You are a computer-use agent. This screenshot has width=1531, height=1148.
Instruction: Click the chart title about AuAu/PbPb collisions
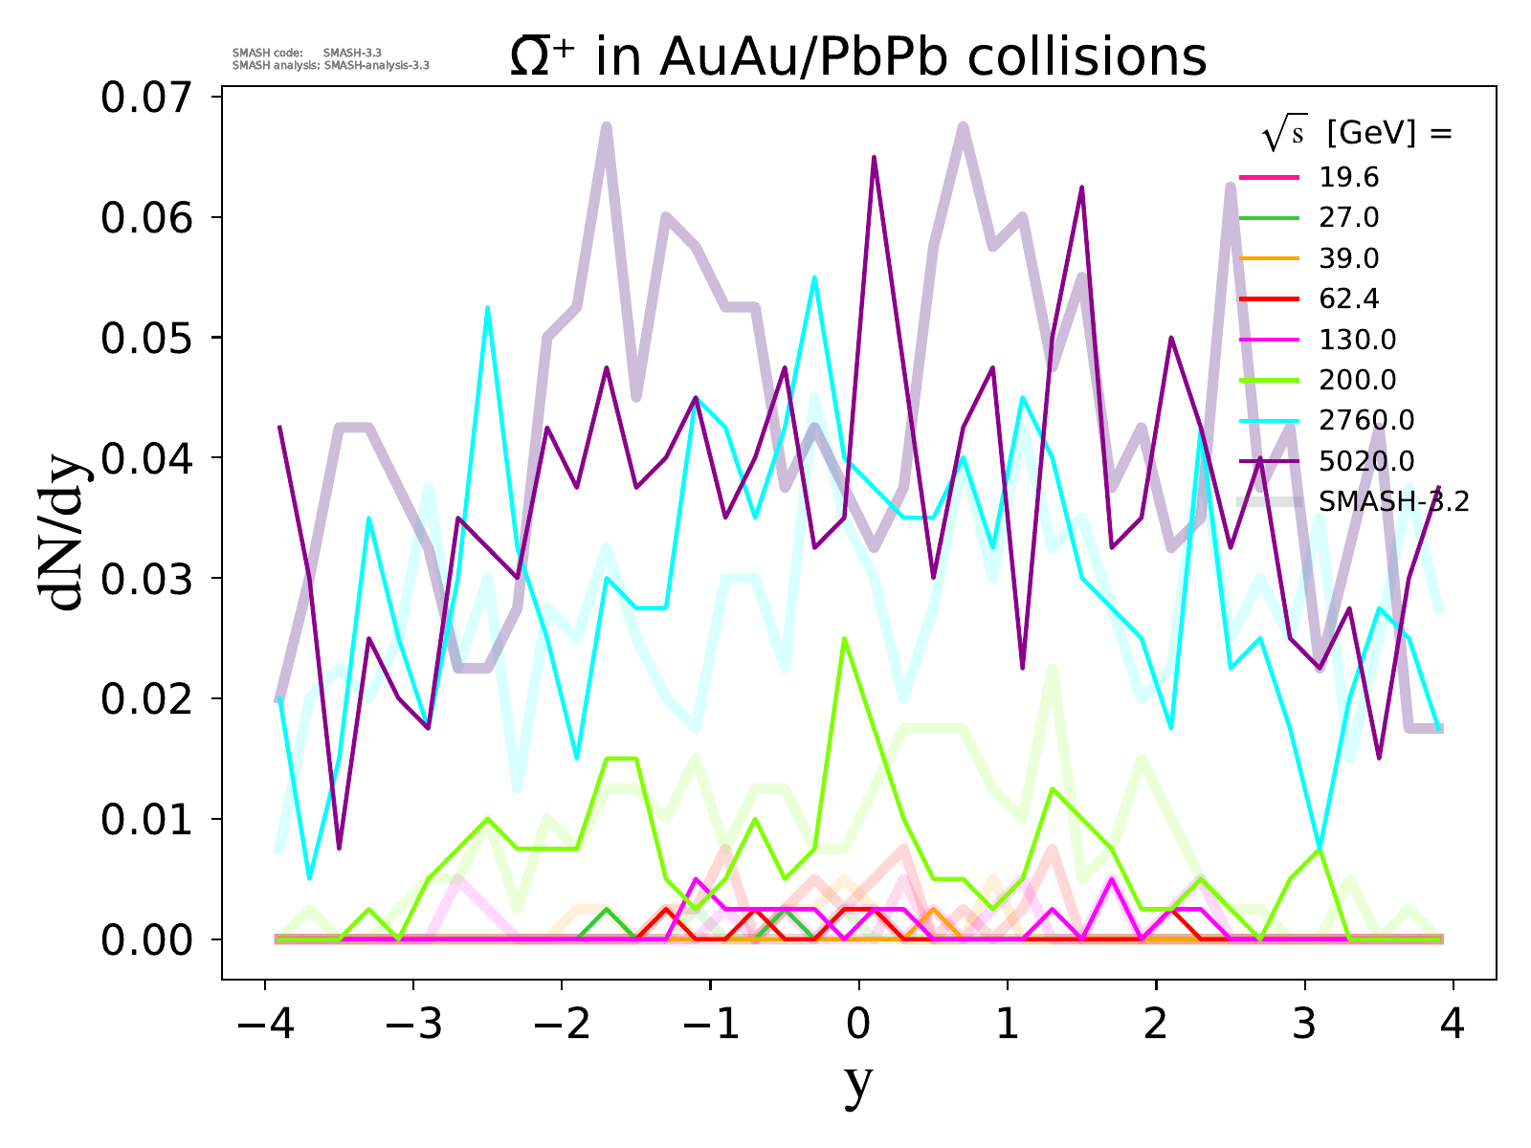point(857,57)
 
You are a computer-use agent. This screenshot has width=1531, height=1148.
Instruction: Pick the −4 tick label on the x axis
point(264,1026)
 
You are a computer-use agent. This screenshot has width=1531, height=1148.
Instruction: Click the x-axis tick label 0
point(858,1026)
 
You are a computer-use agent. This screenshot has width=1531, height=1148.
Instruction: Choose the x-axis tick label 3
point(1304,1026)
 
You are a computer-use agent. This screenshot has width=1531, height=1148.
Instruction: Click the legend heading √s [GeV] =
point(1357,135)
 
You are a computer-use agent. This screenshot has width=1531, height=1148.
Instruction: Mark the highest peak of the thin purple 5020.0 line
point(874,158)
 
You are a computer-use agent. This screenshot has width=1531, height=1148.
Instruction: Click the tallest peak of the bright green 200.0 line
point(844,638)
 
